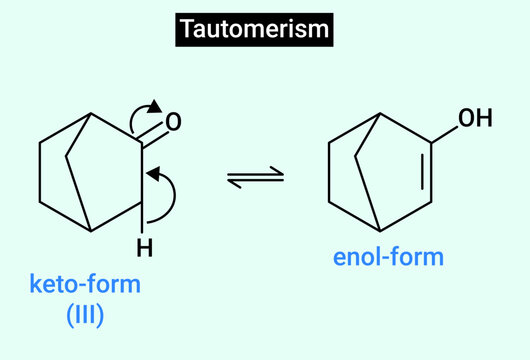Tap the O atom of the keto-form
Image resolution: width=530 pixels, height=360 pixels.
[173, 123]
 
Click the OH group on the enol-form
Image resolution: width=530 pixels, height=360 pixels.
[474, 120]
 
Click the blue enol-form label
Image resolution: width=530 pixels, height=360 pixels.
[388, 258]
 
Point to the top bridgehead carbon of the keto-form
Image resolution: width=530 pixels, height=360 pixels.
[92, 113]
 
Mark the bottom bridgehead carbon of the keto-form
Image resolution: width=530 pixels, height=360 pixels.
[92, 230]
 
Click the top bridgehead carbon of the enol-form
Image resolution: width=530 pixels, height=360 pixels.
[381, 115]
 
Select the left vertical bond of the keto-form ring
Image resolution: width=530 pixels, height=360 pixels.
[39, 172]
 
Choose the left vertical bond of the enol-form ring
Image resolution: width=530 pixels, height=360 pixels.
[330, 173]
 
